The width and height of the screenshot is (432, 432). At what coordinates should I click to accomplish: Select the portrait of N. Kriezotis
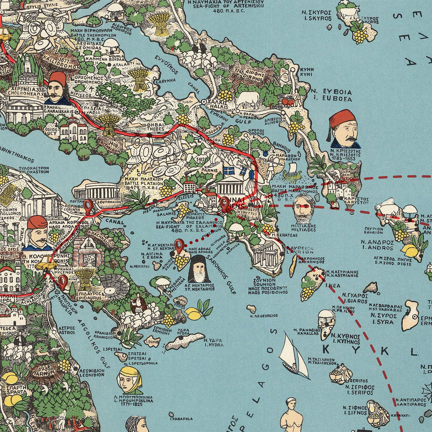(x=344, y=129)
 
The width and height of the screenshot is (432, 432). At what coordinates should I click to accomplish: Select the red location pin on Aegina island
(x=180, y=246)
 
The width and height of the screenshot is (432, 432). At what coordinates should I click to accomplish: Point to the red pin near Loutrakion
(x=88, y=207)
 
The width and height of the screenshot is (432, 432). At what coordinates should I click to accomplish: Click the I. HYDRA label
(x=214, y=345)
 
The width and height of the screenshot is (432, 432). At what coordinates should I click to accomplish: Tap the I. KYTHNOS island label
(x=345, y=342)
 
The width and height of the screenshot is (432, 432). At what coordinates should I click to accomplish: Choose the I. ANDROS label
(x=377, y=248)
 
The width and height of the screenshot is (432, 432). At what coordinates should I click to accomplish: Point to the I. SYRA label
(x=382, y=321)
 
